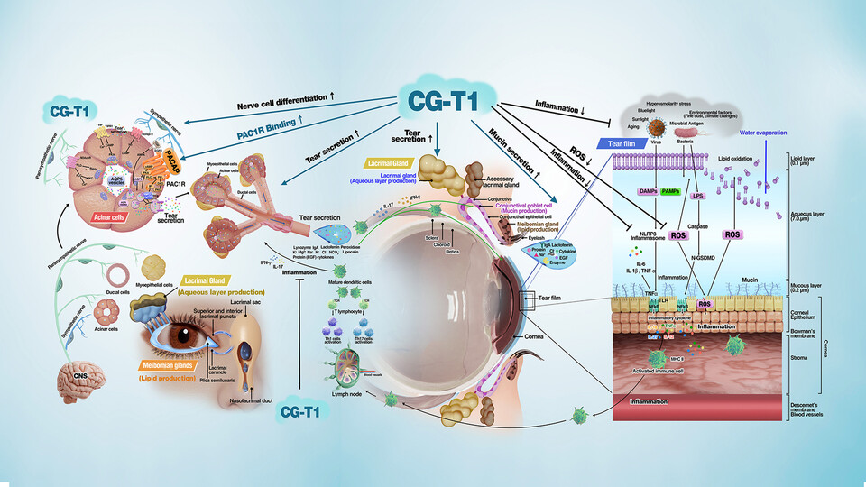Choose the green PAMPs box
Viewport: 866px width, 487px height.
coord(670,192)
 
